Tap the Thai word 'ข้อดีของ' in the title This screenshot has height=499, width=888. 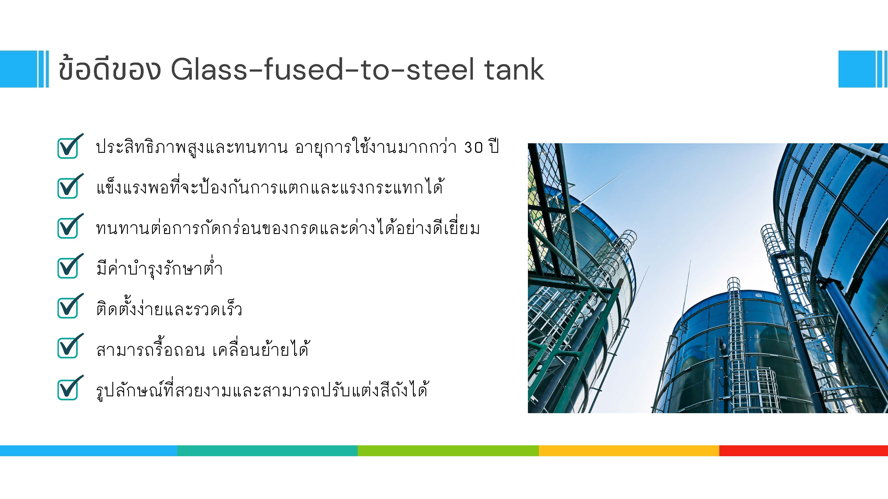[110, 69]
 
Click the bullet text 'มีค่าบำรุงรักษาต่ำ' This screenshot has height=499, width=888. [159, 268]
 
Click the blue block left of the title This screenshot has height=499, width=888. [18, 69]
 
